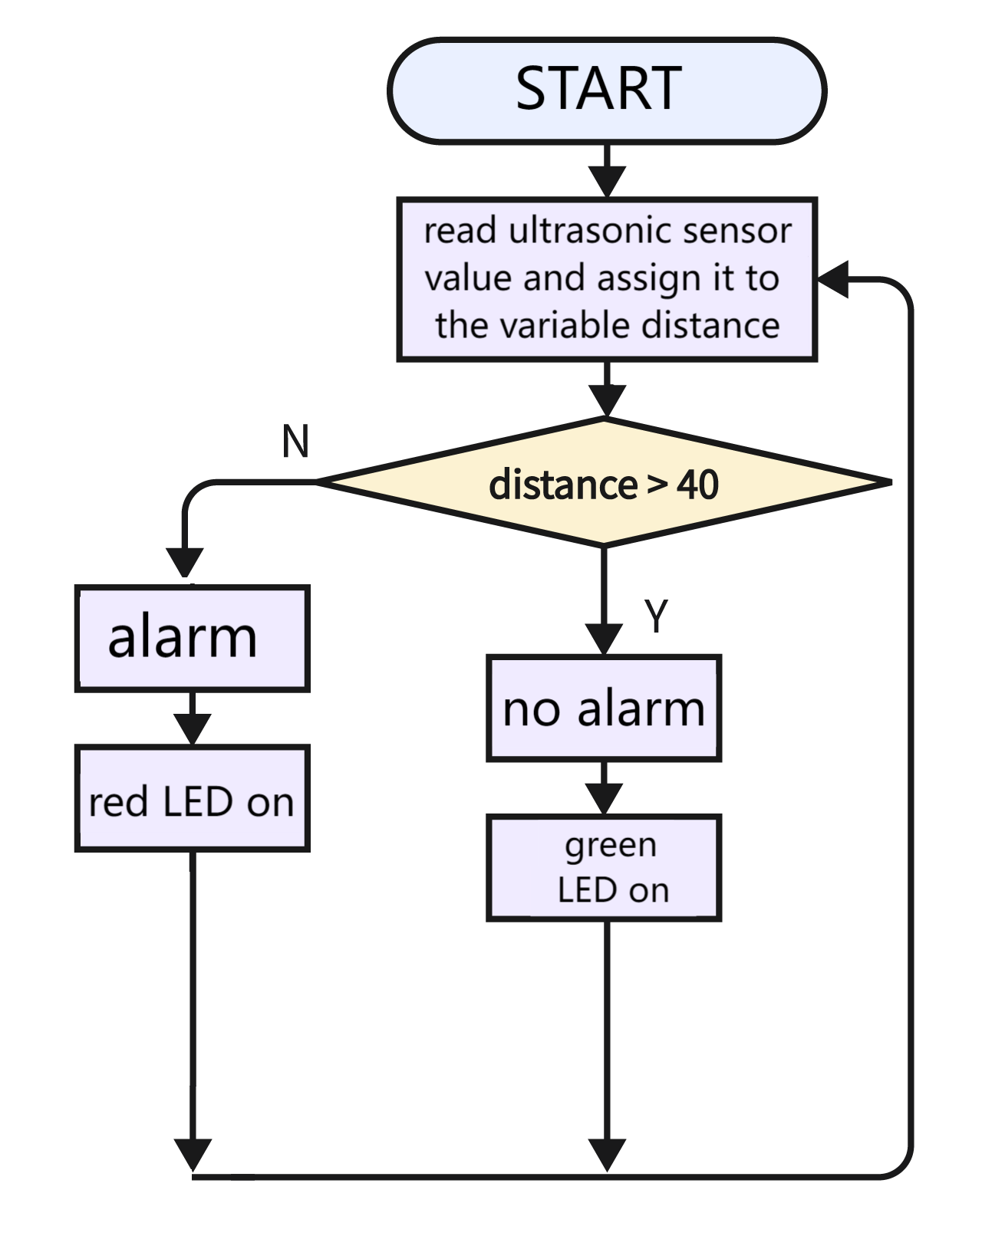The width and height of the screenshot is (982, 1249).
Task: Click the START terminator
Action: [x=607, y=90]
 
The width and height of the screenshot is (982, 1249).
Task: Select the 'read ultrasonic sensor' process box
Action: [x=607, y=279]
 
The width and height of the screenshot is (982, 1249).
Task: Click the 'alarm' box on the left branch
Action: [x=193, y=638]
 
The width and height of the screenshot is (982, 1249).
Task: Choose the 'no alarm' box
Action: [x=604, y=708]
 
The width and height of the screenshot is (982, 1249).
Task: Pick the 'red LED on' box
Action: [x=193, y=798]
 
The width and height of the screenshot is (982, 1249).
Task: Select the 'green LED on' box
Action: [x=604, y=868]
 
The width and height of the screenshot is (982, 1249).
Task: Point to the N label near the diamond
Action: [x=295, y=442]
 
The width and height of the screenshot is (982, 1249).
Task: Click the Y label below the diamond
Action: [x=655, y=615]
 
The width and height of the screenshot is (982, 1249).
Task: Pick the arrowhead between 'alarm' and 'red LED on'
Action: [x=193, y=729]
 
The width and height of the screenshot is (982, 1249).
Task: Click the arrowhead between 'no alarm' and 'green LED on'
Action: [x=604, y=799]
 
